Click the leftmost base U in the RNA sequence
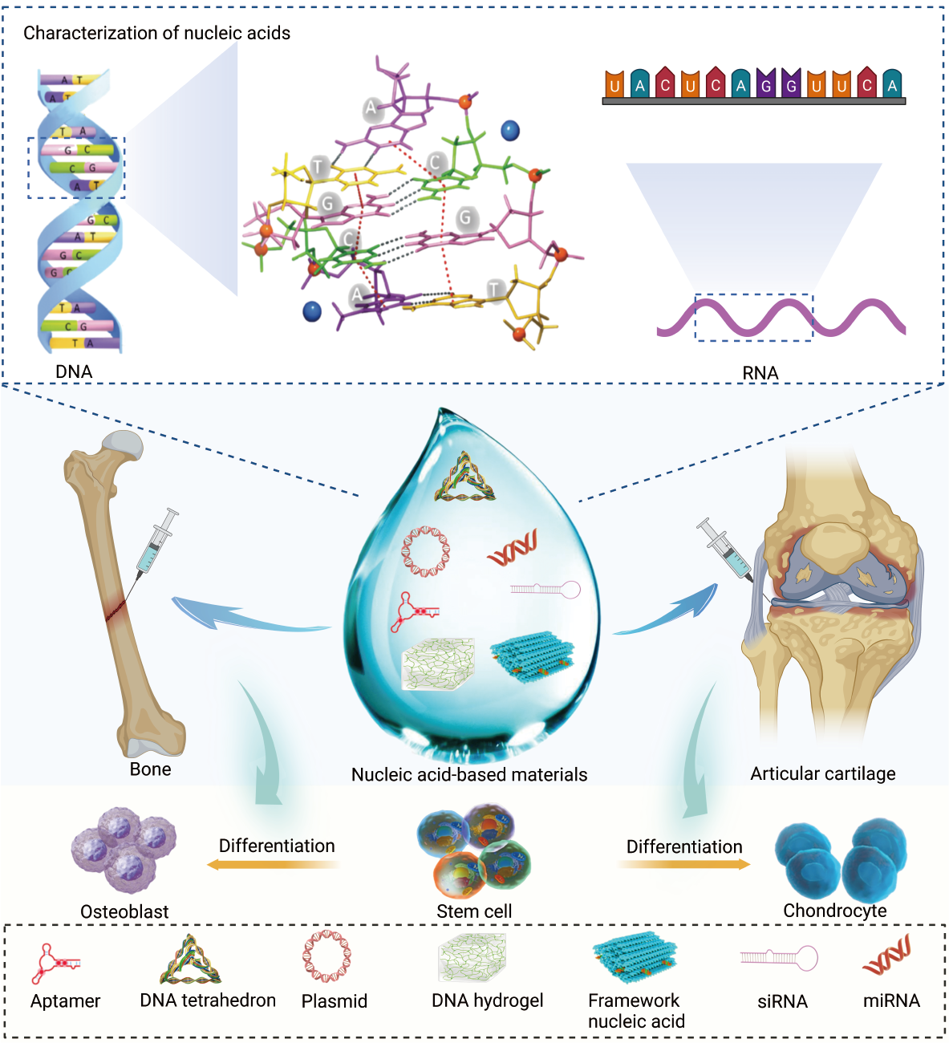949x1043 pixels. tap(614, 84)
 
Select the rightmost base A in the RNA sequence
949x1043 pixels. tap(891, 84)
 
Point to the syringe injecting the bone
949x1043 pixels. tap(156, 542)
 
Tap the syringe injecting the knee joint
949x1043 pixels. tap(724, 550)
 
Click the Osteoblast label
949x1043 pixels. tap(124, 911)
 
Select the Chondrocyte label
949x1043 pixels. tap(834, 911)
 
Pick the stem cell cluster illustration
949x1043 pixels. tap(474, 853)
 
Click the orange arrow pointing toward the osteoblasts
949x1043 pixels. tap(273, 864)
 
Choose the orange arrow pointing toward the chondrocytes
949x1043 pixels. tap(683, 864)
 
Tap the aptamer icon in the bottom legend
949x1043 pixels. tap(55, 964)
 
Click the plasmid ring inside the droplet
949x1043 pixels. tap(426, 551)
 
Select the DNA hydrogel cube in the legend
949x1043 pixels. tap(472, 957)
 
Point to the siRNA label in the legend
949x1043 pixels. tap(782, 1001)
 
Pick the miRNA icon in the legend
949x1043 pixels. tap(887, 955)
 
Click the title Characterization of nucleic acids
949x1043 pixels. tap(156, 33)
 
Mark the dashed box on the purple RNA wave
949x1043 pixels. tap(753, 317)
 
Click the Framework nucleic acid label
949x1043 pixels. tap(636, 1011)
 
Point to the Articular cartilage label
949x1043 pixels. tap(822, 773)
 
